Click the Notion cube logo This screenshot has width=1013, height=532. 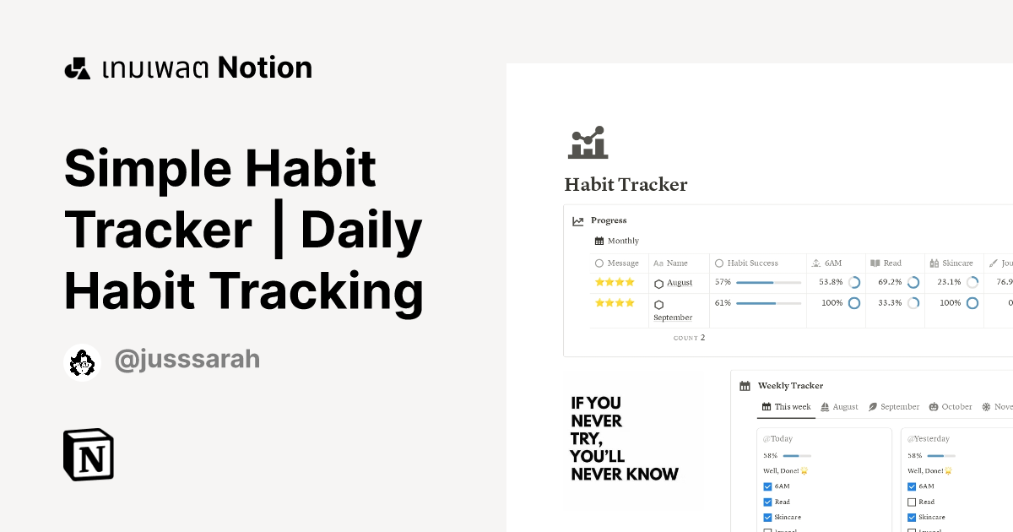[x=89, y=454]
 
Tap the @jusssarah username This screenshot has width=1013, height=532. [x=187, y=361]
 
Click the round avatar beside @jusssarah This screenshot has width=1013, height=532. [x=83, y=363]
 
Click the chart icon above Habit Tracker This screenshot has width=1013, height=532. [x=588, y=143]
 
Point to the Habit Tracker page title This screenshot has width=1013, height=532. [x=626, y=185]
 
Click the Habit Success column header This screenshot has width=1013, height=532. [x=752, y=263]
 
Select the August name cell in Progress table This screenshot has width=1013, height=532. [x=679, y=283]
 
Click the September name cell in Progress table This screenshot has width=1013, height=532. [x=673, y=318]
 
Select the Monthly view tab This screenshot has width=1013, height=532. [x=623, y=242]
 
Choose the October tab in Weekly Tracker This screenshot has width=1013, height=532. [x=956, y=407]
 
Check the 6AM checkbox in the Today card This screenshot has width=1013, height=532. [x=767, y=486]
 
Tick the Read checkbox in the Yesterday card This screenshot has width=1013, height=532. [x=912, y=502]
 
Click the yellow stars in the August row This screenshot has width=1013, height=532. [x=614, y=282]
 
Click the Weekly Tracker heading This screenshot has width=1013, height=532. [x=790, y=386]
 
